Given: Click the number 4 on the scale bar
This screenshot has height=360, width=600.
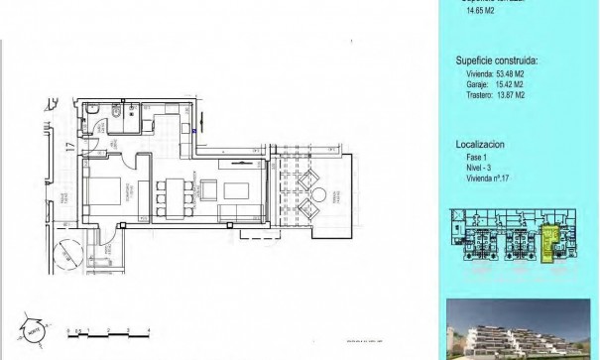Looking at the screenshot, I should tap(147, 327).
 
